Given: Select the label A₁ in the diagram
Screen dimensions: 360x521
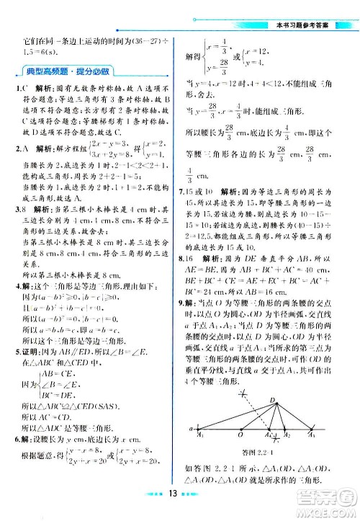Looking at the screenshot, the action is pyautogui.click(x=201, y=435).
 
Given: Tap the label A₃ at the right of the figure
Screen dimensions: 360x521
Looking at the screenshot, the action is pyautogui.click(x=312, y=435).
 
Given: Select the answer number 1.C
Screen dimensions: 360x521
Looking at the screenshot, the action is pyautogui.click(x=21, y=89).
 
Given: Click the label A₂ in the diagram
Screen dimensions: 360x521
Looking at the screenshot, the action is pyautogui.click(x=286, y=435).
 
